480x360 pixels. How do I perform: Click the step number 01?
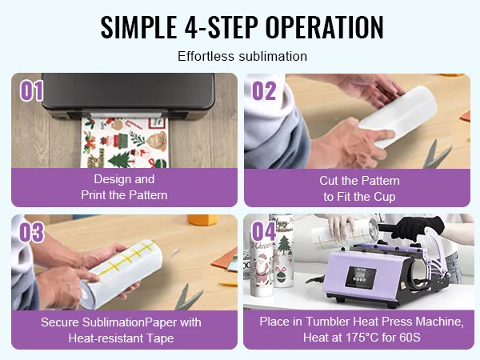31,90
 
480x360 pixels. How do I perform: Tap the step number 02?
264,90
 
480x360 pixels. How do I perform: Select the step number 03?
32,232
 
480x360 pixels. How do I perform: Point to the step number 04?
263,231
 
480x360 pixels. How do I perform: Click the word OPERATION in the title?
324,27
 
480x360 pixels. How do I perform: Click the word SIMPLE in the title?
138,27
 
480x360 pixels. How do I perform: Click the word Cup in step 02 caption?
385,197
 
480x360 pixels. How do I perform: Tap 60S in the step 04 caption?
410,338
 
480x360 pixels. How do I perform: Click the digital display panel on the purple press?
361,277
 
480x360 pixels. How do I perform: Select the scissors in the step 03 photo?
186,296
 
